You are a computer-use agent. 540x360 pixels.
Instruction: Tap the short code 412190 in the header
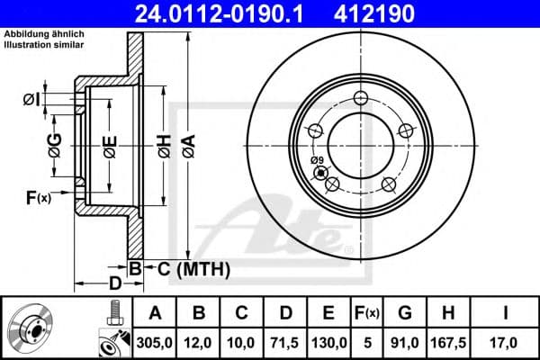403,13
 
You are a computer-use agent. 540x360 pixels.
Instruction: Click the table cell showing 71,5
286,342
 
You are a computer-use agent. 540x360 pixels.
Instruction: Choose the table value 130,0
329,342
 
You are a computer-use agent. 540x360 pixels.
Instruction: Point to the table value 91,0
405,342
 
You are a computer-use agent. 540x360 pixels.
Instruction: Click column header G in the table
405,312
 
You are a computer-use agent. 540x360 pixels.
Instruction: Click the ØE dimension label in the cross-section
109,146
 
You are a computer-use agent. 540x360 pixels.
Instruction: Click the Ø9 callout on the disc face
316,161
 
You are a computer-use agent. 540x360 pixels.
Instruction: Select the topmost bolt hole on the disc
362,99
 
